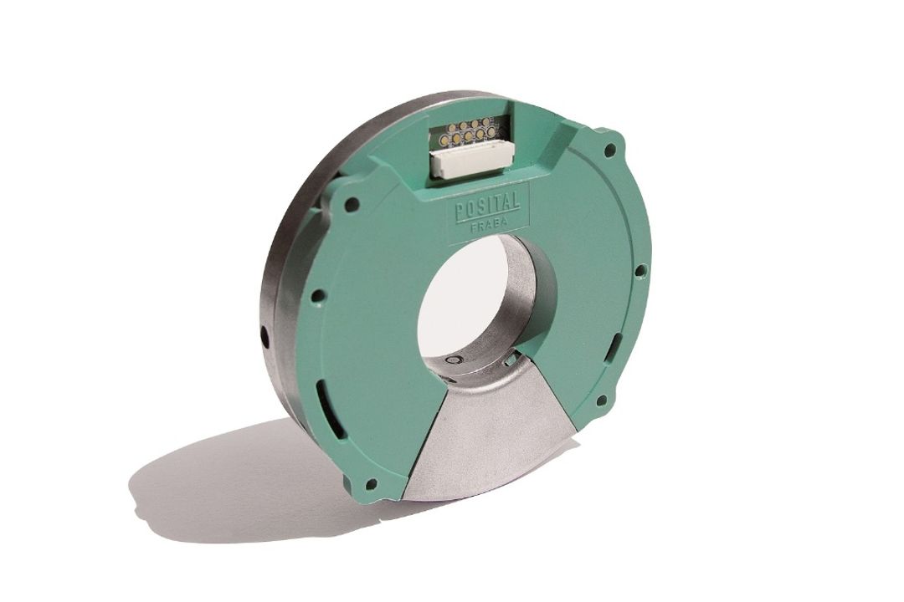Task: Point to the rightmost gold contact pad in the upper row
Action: click(486, 120)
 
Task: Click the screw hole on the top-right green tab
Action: click(609, 151)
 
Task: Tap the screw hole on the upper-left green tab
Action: click(355, 203)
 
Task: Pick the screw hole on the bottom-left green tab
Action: click(371, 483)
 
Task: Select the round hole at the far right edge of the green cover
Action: click(639, 270)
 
